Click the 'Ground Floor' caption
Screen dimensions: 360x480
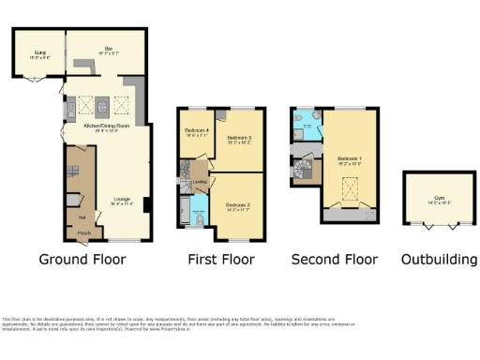tap(83, 259)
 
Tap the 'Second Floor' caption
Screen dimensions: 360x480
tap(335, 259)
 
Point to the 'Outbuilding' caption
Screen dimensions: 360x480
tap(439, 259)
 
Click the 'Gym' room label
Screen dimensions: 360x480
tap(439, 199)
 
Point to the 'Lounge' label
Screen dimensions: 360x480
tap(122, 200)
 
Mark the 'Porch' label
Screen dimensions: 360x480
tap(83, 232)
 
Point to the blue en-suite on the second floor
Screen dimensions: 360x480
tap(306, 124)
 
